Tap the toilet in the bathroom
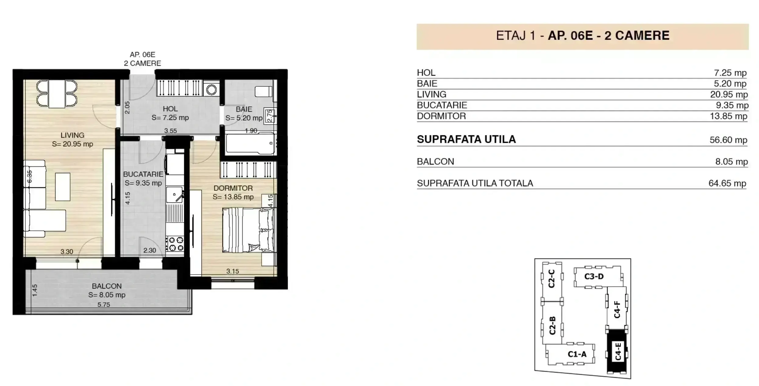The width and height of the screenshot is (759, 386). [263, 91]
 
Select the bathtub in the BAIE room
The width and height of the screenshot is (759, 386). [250, 143]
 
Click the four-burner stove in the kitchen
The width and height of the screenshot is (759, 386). [175, 244]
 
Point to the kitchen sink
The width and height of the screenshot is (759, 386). [174, 195]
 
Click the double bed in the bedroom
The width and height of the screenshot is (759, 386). [248, 230]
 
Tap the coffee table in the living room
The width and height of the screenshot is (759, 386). [63, 187]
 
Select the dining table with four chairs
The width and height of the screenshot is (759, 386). [57, 94]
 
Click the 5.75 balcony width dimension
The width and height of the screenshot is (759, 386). [104, 304]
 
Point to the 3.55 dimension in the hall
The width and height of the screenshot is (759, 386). [170, 131]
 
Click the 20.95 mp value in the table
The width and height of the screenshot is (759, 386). [729, 94]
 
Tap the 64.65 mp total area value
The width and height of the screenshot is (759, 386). [727, 183]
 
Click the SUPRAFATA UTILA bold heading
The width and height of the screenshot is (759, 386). [466, 139]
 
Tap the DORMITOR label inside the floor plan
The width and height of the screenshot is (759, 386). [233, 188]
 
